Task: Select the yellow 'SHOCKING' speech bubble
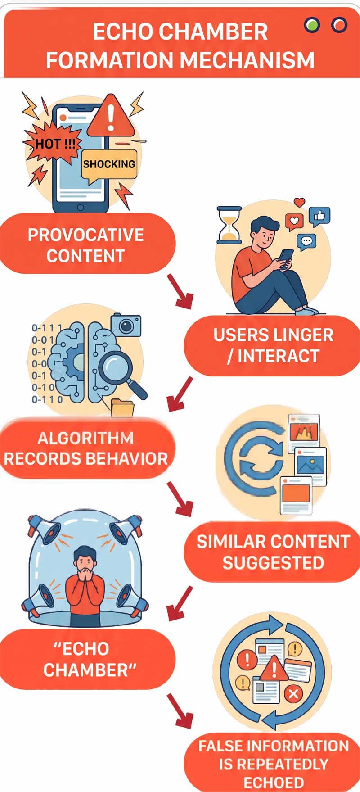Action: click(109, 165)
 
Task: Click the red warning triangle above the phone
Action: click(111, 116)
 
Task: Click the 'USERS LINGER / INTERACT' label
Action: click(273, 345)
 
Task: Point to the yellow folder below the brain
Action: click(122, 408)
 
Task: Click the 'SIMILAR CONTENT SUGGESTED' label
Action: click(273, 552)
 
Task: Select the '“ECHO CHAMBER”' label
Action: click(87, 659)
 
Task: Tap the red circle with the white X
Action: click(293, 694)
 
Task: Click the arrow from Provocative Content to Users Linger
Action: click(180, 291)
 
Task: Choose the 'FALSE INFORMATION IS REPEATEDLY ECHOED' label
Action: click(273, 764)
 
